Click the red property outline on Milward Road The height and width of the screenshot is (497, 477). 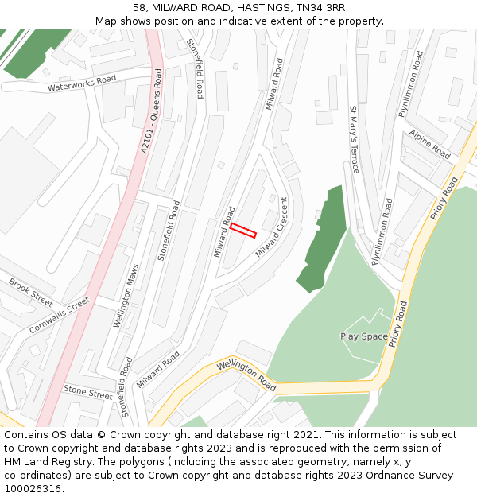coord(243,231)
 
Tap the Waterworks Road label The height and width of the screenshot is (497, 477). coord(82,83)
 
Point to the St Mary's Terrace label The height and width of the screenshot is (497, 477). coord(354,139)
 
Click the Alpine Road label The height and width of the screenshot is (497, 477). coord(430,145)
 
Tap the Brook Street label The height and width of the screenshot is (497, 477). coord(31,292)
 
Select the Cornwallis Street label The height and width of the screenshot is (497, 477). coord(60,316)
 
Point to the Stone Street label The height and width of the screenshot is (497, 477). coord(87,392)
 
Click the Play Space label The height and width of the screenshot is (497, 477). coord(364,336)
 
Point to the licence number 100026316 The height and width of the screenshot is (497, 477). coord(33,489)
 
